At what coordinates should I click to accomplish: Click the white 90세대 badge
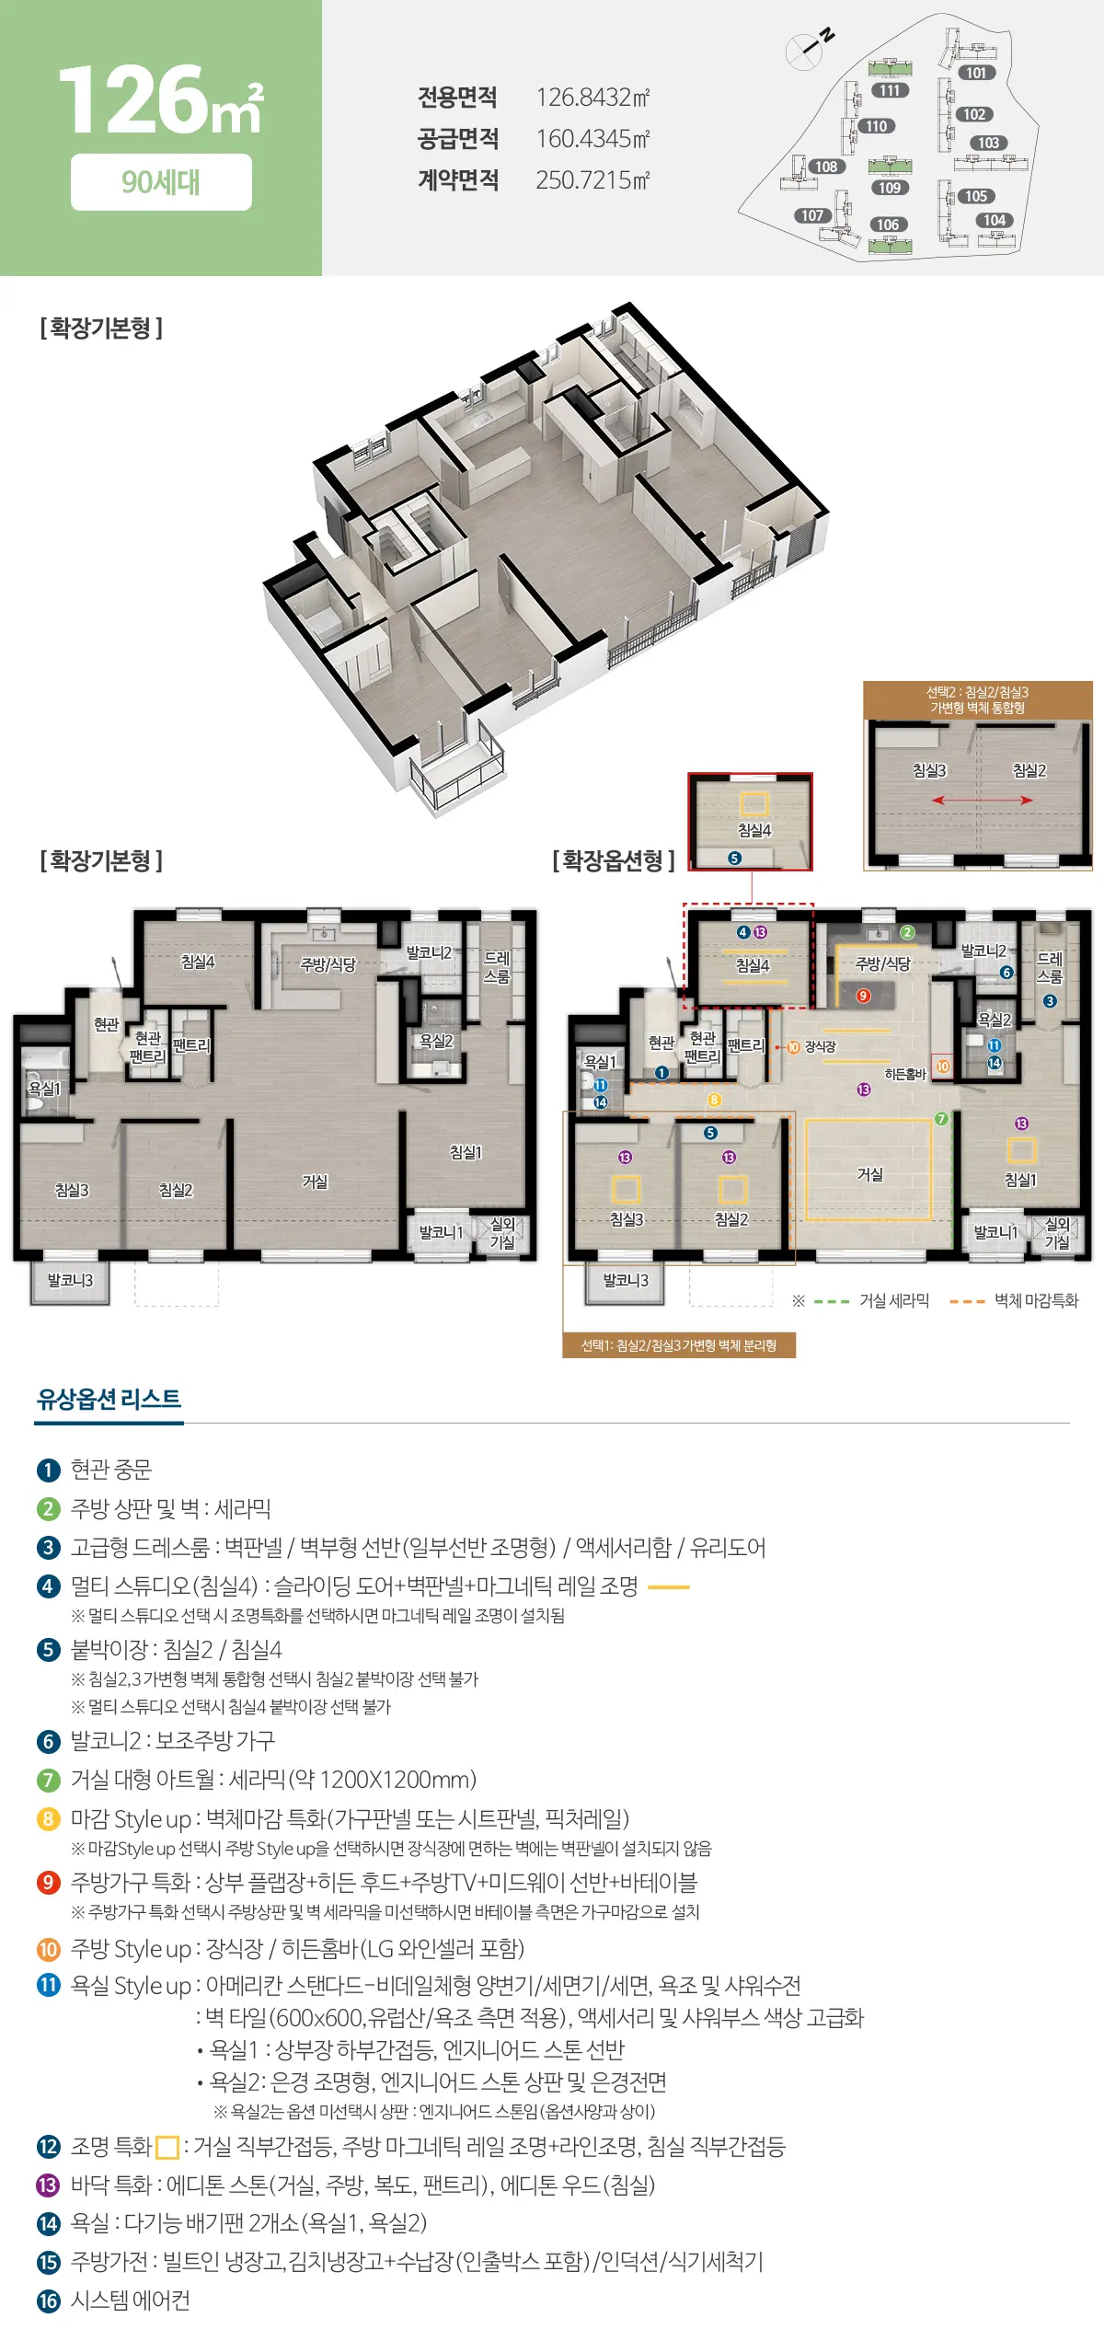[x=161, y=182]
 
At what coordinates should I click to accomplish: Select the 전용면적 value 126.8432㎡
[x=592, y=97]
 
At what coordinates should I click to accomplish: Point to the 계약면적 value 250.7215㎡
[x=592, y=179]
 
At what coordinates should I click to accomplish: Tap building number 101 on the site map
[x=976, y=73]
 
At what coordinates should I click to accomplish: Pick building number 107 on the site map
[x=812, y=215]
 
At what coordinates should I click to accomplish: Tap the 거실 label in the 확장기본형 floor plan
[x=315, y=1181]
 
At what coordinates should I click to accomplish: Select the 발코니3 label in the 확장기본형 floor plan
[x=70, y=1280]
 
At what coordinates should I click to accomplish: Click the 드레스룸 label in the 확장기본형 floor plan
[x=497, y=966]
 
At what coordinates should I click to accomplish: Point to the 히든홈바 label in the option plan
[x=904, y=1074]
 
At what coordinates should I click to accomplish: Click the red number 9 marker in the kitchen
[x=863, y=995]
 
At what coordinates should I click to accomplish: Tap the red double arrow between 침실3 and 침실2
[x=982, y=800]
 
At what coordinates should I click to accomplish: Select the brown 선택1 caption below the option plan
[x=679, y=1345]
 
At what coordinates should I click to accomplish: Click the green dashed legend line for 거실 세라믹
[x=831, y=1301]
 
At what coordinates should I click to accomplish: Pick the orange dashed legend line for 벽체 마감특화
[x=967, y=1301]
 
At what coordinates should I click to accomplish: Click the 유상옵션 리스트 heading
[x=109, y=1400]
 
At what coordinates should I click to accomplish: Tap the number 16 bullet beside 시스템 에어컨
[x=48, y=2301]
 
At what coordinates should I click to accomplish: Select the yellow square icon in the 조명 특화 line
[x=167, y=2148]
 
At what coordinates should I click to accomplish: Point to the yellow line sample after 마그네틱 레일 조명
[x=669, y=1587]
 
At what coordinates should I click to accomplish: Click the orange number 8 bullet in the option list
[x=48, y=1819]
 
